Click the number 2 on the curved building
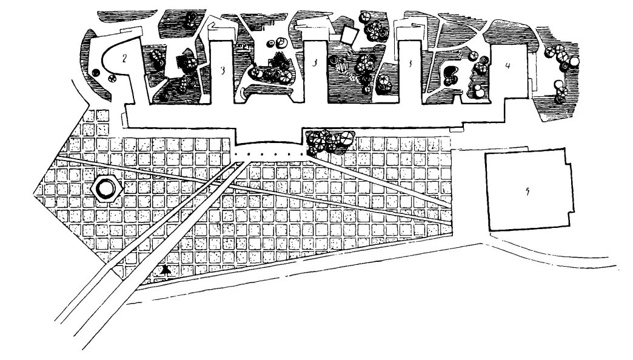(x=124, y=58)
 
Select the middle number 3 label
(x=314, y=62)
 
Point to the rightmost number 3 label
(x=410, y=62)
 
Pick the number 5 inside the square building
(x=528, y=192)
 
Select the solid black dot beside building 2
(x=96, y=73)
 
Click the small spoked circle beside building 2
(x=111, y=77)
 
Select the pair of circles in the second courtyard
(x=281, y=43)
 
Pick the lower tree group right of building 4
(x=560, y=92)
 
